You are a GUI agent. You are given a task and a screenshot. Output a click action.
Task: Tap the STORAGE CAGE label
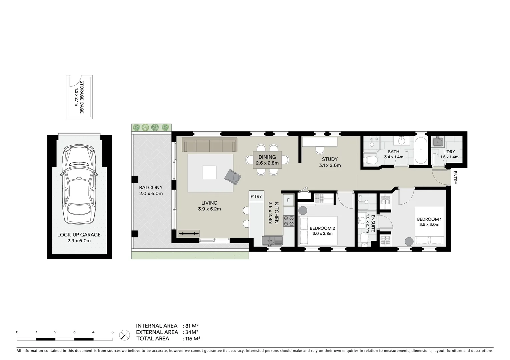coord(79,97)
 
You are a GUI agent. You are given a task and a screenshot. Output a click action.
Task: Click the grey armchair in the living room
coord(233,176)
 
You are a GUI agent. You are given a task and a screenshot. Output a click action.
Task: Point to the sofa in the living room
coord(209,145)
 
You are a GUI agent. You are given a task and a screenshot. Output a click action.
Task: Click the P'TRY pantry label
coord(256,196)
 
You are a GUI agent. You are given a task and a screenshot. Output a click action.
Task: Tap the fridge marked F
coord(288,200)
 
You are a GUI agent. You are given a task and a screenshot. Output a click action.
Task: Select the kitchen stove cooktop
coord(288,221)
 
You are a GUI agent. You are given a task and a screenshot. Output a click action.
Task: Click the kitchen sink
coord(272,240)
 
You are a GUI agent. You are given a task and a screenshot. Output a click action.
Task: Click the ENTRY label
coord(455,177)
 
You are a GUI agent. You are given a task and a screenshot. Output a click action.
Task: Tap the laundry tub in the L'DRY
coord(437,142)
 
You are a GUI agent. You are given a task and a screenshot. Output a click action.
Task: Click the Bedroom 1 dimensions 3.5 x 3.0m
coord(429,225)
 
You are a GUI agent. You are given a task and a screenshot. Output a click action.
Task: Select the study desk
coord(319,142)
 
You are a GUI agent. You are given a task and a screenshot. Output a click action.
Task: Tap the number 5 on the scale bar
coord(112,332)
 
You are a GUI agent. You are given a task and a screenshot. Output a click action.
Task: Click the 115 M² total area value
coord(191,339)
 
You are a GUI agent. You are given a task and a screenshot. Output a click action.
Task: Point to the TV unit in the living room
coord(188,233)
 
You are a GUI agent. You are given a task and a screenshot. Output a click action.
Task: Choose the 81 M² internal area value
coord(190,326)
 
